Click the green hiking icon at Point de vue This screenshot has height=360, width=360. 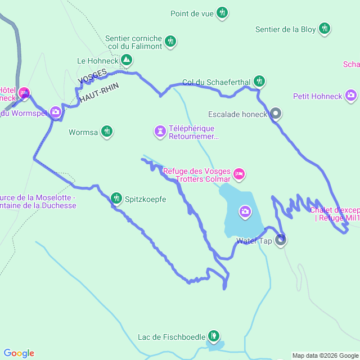[222, 12]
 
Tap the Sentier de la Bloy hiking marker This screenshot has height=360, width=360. [325, 28]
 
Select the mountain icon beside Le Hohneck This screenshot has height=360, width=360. [127, 59]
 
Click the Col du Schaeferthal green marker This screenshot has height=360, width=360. [259, 81]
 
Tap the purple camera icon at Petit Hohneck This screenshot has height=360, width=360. [351, 96]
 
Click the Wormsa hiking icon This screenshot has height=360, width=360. [107, 132]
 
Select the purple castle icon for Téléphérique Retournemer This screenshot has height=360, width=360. [160, 132]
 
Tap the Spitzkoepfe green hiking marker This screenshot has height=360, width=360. [116, 198]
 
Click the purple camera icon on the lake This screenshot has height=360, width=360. [245, 211]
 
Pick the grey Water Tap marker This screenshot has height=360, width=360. [281, 241]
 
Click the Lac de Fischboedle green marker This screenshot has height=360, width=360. [213, 336]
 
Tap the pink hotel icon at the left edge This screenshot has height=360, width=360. [24, 93]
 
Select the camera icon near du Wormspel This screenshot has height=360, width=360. [56, 112]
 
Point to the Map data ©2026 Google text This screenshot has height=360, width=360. [325, 355]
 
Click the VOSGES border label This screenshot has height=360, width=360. [92, 79]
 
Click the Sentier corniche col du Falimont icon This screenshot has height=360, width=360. [170, 41]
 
